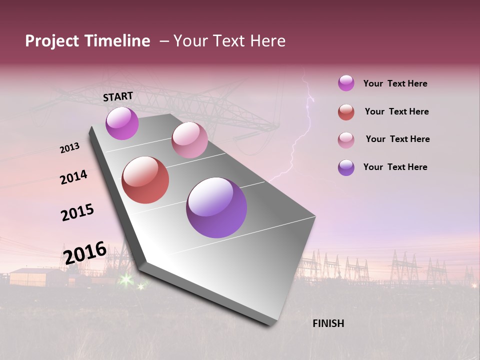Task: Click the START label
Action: point(118,96)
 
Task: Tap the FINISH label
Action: point(328,323)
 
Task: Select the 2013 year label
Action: point(69,148)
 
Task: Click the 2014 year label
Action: point(73,177)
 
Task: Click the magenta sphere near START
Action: point(122,123)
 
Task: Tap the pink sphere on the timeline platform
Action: point(189,140)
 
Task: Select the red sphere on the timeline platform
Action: point(145,180)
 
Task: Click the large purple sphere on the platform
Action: point(216,207)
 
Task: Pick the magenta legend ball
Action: point(346,83)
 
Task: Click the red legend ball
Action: point(346,112)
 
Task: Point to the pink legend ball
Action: point(346,140)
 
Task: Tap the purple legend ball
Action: point(346,167)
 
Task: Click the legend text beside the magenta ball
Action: point(395,83)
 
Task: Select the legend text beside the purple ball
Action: point(395,167)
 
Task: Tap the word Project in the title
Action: point(52,41)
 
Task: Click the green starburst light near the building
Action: point(126,279)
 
